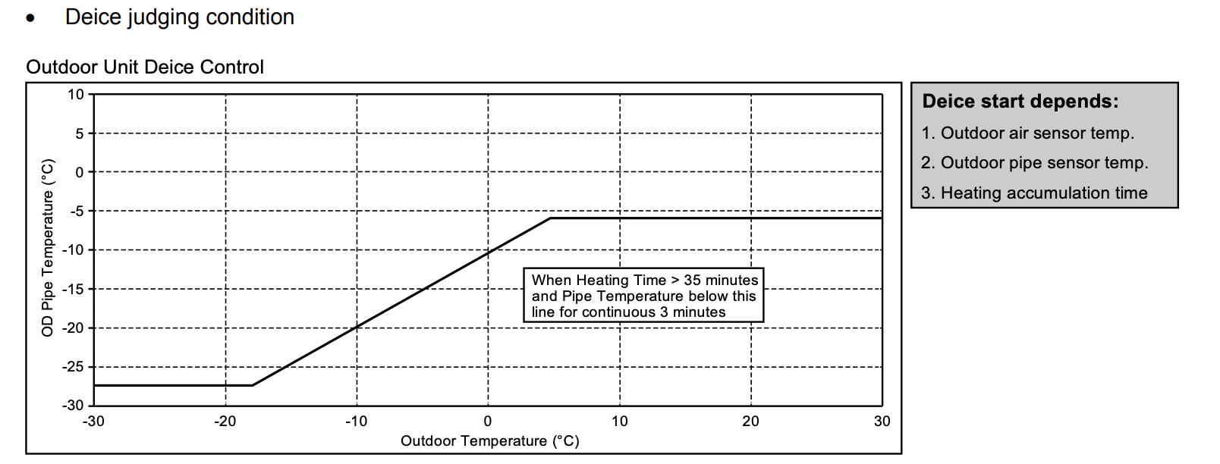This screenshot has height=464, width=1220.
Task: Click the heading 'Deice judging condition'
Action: [180, 17]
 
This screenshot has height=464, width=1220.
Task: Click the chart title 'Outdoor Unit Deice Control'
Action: [145, 67]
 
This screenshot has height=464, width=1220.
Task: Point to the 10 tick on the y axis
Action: [76, 95]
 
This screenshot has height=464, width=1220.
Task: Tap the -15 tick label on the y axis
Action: [73, 289]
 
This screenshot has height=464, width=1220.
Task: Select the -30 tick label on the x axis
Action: [93, 422]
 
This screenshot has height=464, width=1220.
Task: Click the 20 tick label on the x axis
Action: [750, 422]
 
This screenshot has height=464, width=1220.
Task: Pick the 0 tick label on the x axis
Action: [488, 422]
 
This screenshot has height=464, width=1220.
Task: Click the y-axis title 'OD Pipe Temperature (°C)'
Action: [48, 247]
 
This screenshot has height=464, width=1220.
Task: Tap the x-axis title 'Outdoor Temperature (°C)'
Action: [489, 441]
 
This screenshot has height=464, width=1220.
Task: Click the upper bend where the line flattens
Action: [552, 218]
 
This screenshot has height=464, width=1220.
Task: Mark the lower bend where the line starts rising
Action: [253, 385]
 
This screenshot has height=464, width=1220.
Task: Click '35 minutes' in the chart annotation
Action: [721, 281]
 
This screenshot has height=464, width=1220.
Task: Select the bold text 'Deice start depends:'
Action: [1020, 102]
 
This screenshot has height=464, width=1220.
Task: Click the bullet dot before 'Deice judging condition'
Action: [30, 19]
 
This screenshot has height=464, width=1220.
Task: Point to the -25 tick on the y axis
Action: [73, 367]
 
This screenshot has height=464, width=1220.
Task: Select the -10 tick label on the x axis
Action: [356, 422]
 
